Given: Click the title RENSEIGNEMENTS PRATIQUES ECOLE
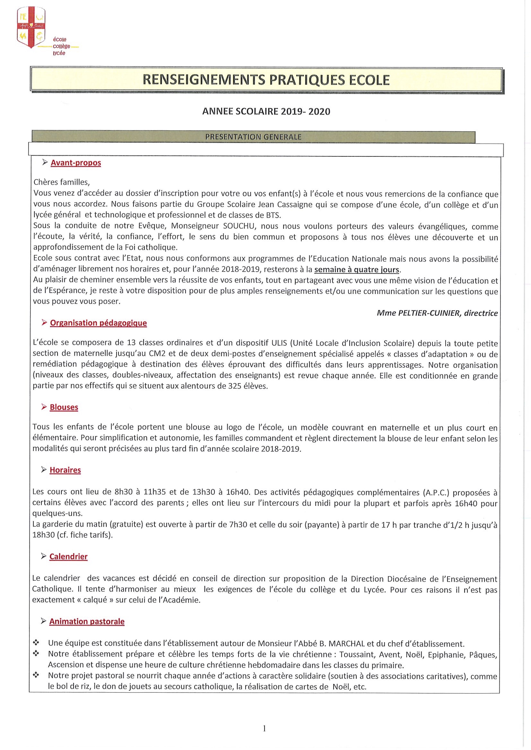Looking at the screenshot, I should [x=266, y=80].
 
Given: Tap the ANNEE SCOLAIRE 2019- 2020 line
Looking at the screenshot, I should [x=266, y=112].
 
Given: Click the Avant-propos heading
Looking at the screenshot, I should [x=76, y=163].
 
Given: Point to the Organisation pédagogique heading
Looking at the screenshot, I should [x=98, y=323].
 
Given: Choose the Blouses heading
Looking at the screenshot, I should [x=64, y=407].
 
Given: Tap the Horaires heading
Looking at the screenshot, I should [x=65, y=470].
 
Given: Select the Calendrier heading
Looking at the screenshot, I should [x=68, y=557].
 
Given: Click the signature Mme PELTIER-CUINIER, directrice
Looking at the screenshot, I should [x=437, y=313].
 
